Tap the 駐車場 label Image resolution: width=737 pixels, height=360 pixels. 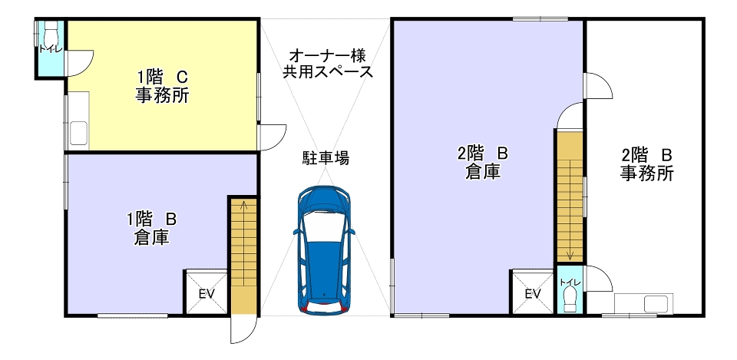point(325,158)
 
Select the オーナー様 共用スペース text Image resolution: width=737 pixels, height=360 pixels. point(327,64)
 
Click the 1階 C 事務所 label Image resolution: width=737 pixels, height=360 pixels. point(162,86)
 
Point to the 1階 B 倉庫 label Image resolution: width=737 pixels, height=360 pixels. point(151,229)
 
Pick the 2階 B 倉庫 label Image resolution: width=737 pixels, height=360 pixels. point(483,163)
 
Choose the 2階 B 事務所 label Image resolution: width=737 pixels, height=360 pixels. point(646,164)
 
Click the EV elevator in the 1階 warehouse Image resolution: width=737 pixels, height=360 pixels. point(207,292)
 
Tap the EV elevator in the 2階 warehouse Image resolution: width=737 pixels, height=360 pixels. point(532,292)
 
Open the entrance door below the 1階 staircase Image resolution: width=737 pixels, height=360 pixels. point(244,329)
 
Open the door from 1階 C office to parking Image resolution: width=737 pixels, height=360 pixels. point(273,137)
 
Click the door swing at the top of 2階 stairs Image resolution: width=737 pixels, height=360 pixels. point(570,115)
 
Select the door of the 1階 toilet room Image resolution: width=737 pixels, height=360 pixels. point(79,63)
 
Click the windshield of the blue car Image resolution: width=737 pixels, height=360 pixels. point(324,227)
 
